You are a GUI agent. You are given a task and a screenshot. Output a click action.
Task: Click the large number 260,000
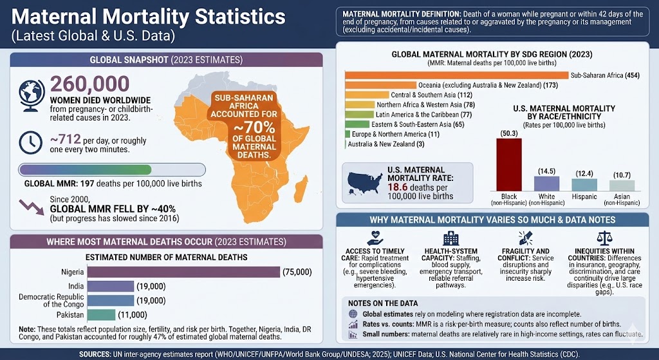pyautogui.click(x=89, y=85)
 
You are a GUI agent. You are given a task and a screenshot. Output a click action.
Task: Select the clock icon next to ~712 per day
pyautogui.click(x=31, y=141)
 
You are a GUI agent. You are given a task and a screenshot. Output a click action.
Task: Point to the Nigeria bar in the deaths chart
pyautogui.click(x=183, y=272)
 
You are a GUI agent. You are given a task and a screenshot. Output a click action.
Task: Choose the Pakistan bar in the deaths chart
pyautogui.click(x=101, y=315)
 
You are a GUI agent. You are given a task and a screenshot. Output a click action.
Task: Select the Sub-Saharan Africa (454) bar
pyautogui.click(x=457, y=75)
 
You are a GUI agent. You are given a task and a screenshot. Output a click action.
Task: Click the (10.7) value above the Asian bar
pyautogui.click(x=622, y=175)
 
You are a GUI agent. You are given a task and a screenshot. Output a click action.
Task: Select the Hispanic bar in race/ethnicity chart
pyautogui.click(x=584, y=184)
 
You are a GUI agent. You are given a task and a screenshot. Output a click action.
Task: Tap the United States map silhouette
pyautogui.click(x=366, y=183)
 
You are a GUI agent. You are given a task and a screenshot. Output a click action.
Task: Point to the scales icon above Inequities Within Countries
pyautogui.click(x=604, y=238)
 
